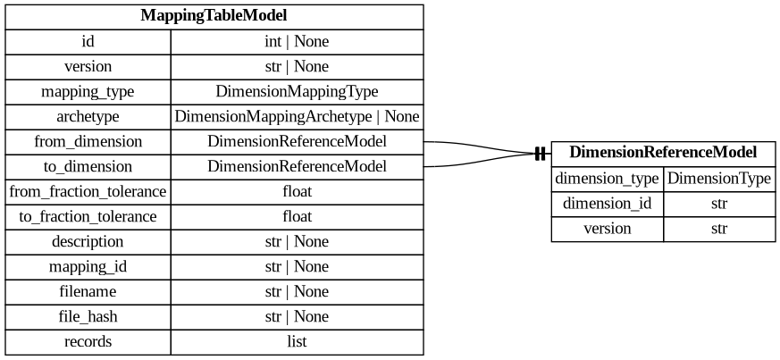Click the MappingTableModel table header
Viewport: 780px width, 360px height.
coord(214,16)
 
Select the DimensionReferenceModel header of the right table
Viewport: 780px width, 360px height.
coord(662,153)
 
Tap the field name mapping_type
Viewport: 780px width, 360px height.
coord(88,92)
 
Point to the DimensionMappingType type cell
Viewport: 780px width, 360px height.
coord(297,92)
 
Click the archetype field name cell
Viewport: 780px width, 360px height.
coord(88,117)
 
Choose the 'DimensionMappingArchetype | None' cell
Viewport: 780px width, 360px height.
coord(297,117)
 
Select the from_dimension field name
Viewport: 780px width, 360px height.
coord(88,142)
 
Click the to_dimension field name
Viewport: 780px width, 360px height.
coord(88,167)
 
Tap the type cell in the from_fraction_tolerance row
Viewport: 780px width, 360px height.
coord(297,192)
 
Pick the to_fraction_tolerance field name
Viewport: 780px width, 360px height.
coord(88,217)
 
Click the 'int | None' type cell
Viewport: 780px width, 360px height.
coord(297,42)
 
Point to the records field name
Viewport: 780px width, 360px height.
coord(88,342)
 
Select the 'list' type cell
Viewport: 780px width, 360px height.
coord(297,342)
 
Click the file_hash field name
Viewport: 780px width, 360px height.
coord(88,317)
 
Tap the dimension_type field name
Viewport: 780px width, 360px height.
coord(608,179)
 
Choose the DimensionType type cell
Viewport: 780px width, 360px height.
coord(719,179)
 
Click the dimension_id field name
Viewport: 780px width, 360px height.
coord(608,204)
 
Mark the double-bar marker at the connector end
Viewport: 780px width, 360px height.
coord(540,155)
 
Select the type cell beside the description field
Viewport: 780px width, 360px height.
coord(297,242)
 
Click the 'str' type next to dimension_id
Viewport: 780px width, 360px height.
coord(719,204)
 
